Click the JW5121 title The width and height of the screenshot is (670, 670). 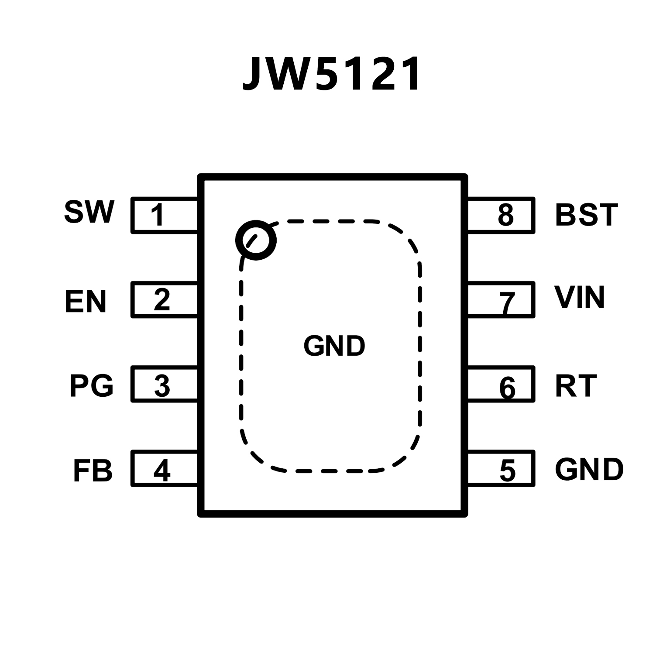(x=332, y=74)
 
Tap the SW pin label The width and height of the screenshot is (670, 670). (x=89, y=212)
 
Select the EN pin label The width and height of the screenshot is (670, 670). (x=86, y=301)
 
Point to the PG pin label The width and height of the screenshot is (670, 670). (x=91, y=385)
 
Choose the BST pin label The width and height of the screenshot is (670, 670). (x=586, y=215)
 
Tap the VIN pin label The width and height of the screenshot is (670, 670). (x=579, y=298)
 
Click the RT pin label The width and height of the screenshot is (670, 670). (x=576, y=386)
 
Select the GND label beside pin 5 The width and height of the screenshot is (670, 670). (x=589, y=470)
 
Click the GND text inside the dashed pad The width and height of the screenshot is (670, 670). (x=334, y=346)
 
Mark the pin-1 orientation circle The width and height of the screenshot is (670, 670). (x=256, y=240)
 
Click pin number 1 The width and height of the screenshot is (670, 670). (x=158, y=215)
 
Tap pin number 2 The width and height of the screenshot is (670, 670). (x=162, y=299)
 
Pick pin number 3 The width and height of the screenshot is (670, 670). (x=162, y=385)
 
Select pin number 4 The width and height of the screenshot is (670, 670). (x=162, y=470)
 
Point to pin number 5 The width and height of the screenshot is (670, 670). (x=507, y=470)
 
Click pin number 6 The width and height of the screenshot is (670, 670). (x=507, y=387)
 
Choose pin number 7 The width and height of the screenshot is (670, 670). (x=507, y=302)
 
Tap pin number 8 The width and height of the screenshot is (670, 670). (x=506, y=215)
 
